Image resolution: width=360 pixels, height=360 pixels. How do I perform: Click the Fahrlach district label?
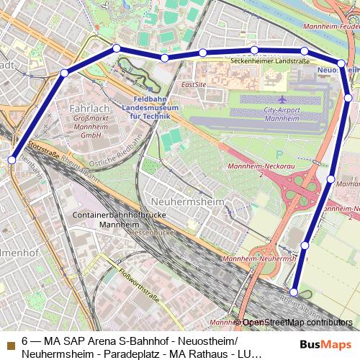[x=89, y=108]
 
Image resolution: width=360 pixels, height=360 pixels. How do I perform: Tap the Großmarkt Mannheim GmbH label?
[x=90, y=127]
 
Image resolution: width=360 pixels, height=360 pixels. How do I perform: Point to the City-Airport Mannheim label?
[x=286, y=114]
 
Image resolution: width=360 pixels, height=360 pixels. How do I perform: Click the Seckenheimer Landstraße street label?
[x=270, y=61]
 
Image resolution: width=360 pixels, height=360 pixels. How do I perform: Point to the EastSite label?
[x=194, y=84]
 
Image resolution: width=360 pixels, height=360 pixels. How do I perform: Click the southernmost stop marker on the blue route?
[x=294, y=293]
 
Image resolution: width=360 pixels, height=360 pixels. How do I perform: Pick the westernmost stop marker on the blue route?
[x=12, y=159]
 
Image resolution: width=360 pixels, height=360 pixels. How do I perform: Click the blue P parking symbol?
[x=279, y=153]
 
